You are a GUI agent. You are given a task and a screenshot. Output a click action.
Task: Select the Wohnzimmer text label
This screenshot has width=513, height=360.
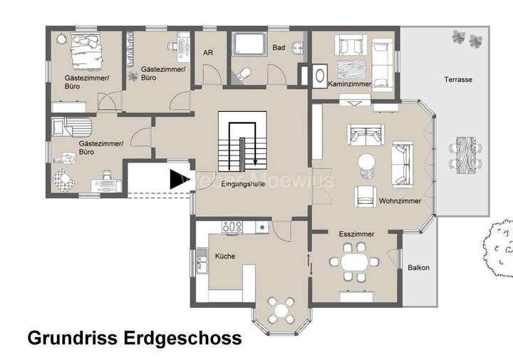coord(400,201)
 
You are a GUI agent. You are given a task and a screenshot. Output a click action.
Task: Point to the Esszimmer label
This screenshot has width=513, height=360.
coord(353,233)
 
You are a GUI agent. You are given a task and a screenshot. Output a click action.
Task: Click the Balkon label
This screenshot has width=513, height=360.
coord(418,268)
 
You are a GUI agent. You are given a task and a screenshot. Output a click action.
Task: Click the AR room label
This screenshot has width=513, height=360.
coord(209,52)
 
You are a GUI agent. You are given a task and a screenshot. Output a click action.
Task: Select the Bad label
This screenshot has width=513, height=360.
coord(279,48)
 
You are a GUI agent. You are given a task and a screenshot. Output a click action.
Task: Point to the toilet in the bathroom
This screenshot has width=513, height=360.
coord(245,74)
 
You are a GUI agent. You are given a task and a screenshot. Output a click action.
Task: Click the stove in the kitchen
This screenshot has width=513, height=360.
coord(232,227)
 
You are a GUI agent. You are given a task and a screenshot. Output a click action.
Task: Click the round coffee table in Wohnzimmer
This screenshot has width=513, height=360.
coord(367,163)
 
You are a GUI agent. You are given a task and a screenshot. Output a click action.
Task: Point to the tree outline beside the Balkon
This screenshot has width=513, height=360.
coord(499,246)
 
